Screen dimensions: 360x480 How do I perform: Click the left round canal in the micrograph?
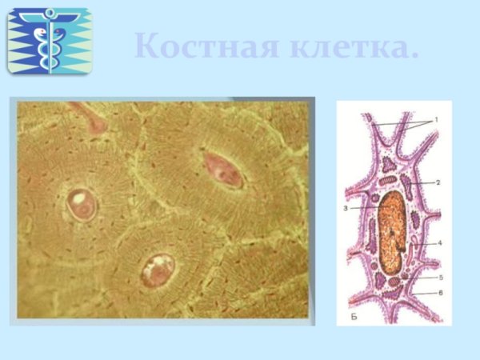click(82, 205)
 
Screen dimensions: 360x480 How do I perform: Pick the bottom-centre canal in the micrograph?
click(158, 270)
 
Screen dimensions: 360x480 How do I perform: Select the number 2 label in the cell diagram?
click(438, 182)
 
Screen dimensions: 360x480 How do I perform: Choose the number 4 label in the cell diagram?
click(438, 242)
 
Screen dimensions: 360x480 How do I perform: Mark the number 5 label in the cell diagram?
click(438, 277)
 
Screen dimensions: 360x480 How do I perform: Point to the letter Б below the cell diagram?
click(353, 318)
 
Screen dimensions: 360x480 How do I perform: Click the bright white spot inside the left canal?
click(79, 196)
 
